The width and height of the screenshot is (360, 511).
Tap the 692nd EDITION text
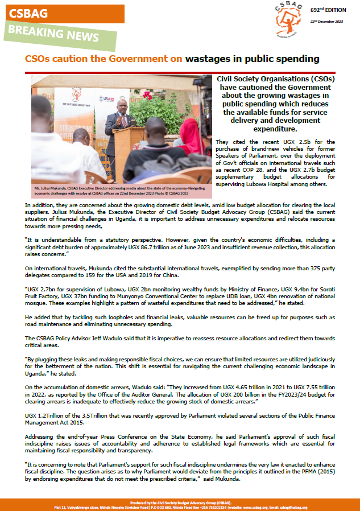click(x=329, y=10)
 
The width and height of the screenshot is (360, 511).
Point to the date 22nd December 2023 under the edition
click(x=329, y=22)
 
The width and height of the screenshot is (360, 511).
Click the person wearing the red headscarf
click(x=191, y=137)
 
